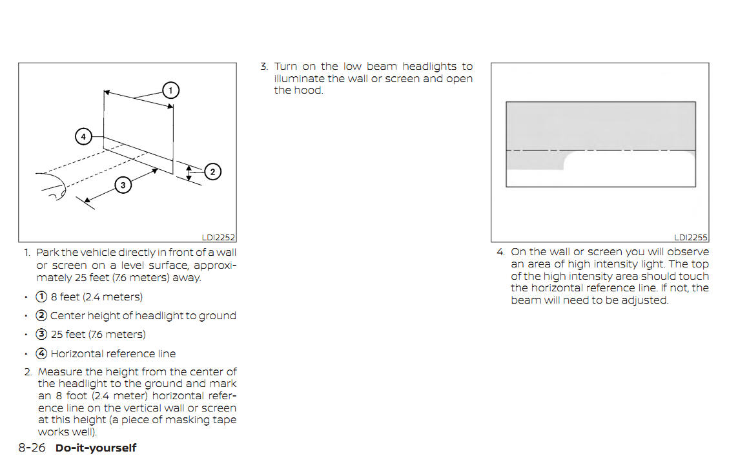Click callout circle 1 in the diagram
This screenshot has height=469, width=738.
(x=170, y=90)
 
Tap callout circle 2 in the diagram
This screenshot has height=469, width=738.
(x=212, y=172)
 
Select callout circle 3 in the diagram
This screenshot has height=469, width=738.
(x=123, y=185)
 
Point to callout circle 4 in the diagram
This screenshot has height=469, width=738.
(x=84, y=136)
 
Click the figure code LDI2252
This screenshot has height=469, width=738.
(x=218, y=238)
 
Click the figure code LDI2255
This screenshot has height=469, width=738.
(x=691, y=238)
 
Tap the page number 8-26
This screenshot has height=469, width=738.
(x=32, y=447)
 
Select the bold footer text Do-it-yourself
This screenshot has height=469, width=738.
(x=96, y=448)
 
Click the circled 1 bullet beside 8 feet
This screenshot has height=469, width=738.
(x=41, y=297)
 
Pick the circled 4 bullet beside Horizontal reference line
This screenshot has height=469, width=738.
(x=41, y=353)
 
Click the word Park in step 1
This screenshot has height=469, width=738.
(x=47, y=253)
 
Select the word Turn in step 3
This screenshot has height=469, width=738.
(x=285, y=67)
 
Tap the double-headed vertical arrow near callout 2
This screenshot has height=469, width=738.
(x=189, y=172)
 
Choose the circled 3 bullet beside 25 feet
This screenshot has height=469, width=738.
(x=41, y=335)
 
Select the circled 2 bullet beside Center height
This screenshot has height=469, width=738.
(x=41, y=315)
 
